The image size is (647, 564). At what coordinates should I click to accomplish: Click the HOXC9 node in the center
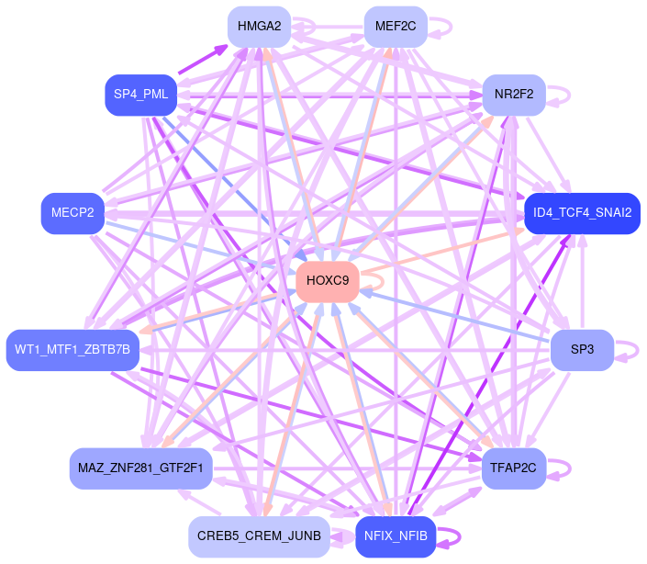click(x=328, y=280)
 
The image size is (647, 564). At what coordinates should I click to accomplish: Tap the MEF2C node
click(x=396, y=27)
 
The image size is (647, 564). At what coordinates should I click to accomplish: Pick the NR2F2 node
click(x=514, y=95)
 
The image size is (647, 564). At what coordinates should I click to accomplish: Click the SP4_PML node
click(x=140, y=95)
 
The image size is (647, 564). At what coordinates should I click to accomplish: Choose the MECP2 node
click(x=73, y=213)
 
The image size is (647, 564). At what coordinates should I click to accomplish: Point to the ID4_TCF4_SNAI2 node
click(x=582, y=213)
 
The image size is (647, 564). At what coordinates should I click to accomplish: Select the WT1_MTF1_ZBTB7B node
click(x=73, y=350)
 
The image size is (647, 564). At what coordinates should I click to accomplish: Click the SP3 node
click(x=582, y=350)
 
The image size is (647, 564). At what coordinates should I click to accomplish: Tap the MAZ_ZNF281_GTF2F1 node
click(x=140, y=468)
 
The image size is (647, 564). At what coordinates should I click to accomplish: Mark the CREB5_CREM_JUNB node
click(x=259, y=537)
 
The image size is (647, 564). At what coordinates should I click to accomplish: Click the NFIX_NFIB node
click(x=396, y=537)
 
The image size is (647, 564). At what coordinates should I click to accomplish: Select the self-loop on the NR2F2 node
click(x=569, y=95)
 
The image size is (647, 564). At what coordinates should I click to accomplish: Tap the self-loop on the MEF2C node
click(x=450, y=27)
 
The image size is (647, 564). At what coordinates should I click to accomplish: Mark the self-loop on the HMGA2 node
click(x=315, y=27)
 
